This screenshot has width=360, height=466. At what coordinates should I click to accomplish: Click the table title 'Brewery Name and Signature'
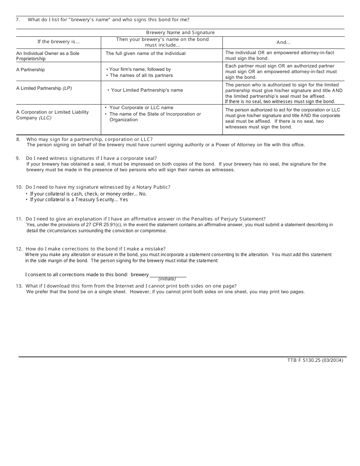(180, 33)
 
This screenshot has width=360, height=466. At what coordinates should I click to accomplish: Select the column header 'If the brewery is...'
(58, 42)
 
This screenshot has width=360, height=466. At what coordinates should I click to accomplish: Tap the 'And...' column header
(283, 42)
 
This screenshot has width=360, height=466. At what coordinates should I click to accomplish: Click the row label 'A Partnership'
(30, 70)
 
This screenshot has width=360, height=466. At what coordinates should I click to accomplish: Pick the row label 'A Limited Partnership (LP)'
(44, 88)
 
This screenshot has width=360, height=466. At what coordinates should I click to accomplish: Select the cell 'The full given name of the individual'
(146, 53)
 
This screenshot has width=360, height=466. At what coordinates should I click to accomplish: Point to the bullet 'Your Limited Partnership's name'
(147, 90)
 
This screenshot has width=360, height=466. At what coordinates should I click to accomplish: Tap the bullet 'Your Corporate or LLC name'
(141, 108)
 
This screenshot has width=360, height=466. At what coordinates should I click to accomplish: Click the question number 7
(18, 20)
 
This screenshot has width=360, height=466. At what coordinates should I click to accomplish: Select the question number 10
(19, 187)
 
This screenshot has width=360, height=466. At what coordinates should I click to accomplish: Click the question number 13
(19, 286)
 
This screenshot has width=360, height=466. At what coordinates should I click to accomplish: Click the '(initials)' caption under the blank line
(167, 279)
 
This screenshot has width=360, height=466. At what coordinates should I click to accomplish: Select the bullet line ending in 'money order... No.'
(88, 194)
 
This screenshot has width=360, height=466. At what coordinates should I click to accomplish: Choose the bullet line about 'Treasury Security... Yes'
(79, 200)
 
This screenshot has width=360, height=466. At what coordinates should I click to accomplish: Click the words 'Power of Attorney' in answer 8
(226, 145)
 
